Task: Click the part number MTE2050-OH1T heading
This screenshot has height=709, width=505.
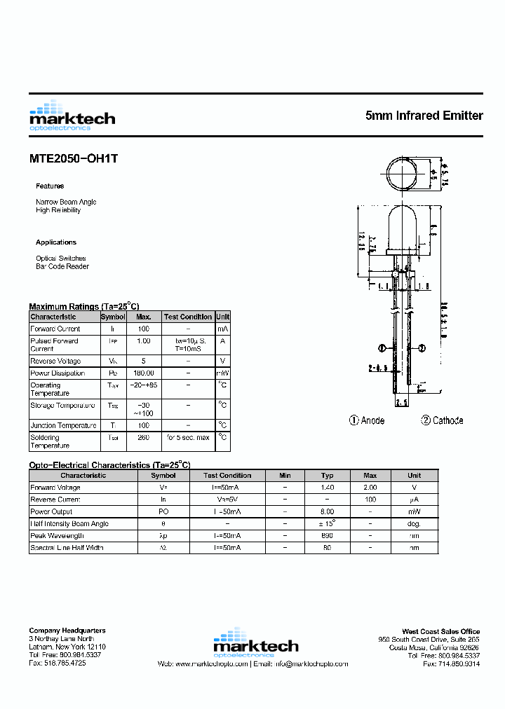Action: click(x=74, y=158)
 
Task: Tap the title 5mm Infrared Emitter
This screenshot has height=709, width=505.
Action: click(x=424, y=115)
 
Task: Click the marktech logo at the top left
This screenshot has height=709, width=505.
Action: click(x=72, y=116)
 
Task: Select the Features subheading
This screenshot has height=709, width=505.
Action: click(x=50, y=186)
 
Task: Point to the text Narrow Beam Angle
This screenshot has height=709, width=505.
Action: click(x=66, y=202)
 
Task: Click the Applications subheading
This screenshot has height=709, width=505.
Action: click(x=56, y=242)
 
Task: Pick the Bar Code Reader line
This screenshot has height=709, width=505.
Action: click(x=62, y=266)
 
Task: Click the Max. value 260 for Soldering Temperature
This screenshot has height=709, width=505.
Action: click(x=144, y=437)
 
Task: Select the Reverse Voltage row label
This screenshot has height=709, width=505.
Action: click(x=55, y=361)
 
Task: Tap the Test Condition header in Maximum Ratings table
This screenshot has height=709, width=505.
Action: click(x=188, y=317)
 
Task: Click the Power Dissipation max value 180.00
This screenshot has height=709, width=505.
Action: click(x=144, y=373)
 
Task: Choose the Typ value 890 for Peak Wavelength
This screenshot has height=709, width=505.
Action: click(x=327, y=535)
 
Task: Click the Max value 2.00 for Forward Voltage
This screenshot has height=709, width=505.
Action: click(x=370, y=487)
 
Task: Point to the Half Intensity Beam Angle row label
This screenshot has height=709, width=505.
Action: click(x=69, y=523)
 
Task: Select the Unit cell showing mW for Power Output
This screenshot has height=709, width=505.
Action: click(x=415, y=511)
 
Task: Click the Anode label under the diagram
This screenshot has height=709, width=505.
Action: click(x=367, y=420)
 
